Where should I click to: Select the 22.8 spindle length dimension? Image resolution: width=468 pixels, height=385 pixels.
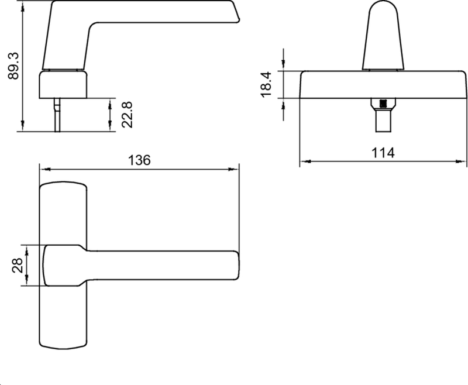point(126,114)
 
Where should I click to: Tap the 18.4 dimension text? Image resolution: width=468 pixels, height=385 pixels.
point(267,84)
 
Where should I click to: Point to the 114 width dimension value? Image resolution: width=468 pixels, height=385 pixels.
point(384,153)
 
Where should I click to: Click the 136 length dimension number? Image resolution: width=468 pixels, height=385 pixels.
point(139,160)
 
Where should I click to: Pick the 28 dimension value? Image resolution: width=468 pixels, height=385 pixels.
point(18,266)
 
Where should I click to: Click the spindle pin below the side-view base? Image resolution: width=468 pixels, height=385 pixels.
point(57,115)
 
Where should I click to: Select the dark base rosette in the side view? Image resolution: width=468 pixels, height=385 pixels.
point(63,84)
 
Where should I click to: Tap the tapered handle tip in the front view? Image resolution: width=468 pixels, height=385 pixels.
point(384,35)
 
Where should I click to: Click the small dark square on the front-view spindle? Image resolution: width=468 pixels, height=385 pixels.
point(384,104)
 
